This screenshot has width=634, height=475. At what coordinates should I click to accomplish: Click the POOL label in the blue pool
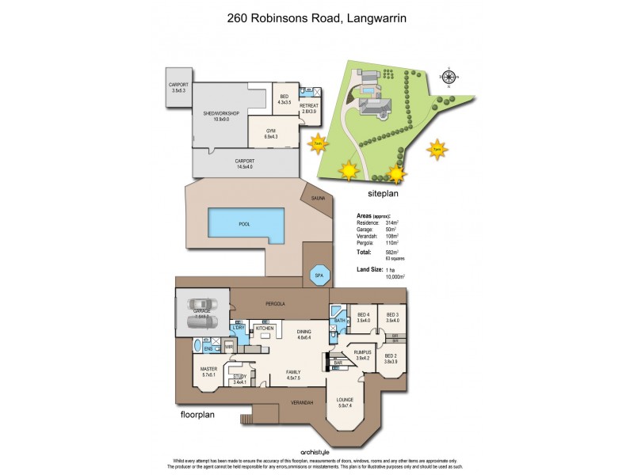(244, 224)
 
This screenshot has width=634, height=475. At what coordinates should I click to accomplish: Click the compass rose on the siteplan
(449, 78)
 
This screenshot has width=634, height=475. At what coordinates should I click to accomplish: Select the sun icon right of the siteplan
(436, 148)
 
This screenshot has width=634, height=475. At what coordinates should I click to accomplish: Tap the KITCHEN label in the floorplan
(264, 328)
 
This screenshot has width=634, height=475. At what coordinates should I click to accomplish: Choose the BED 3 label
(392, 314)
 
